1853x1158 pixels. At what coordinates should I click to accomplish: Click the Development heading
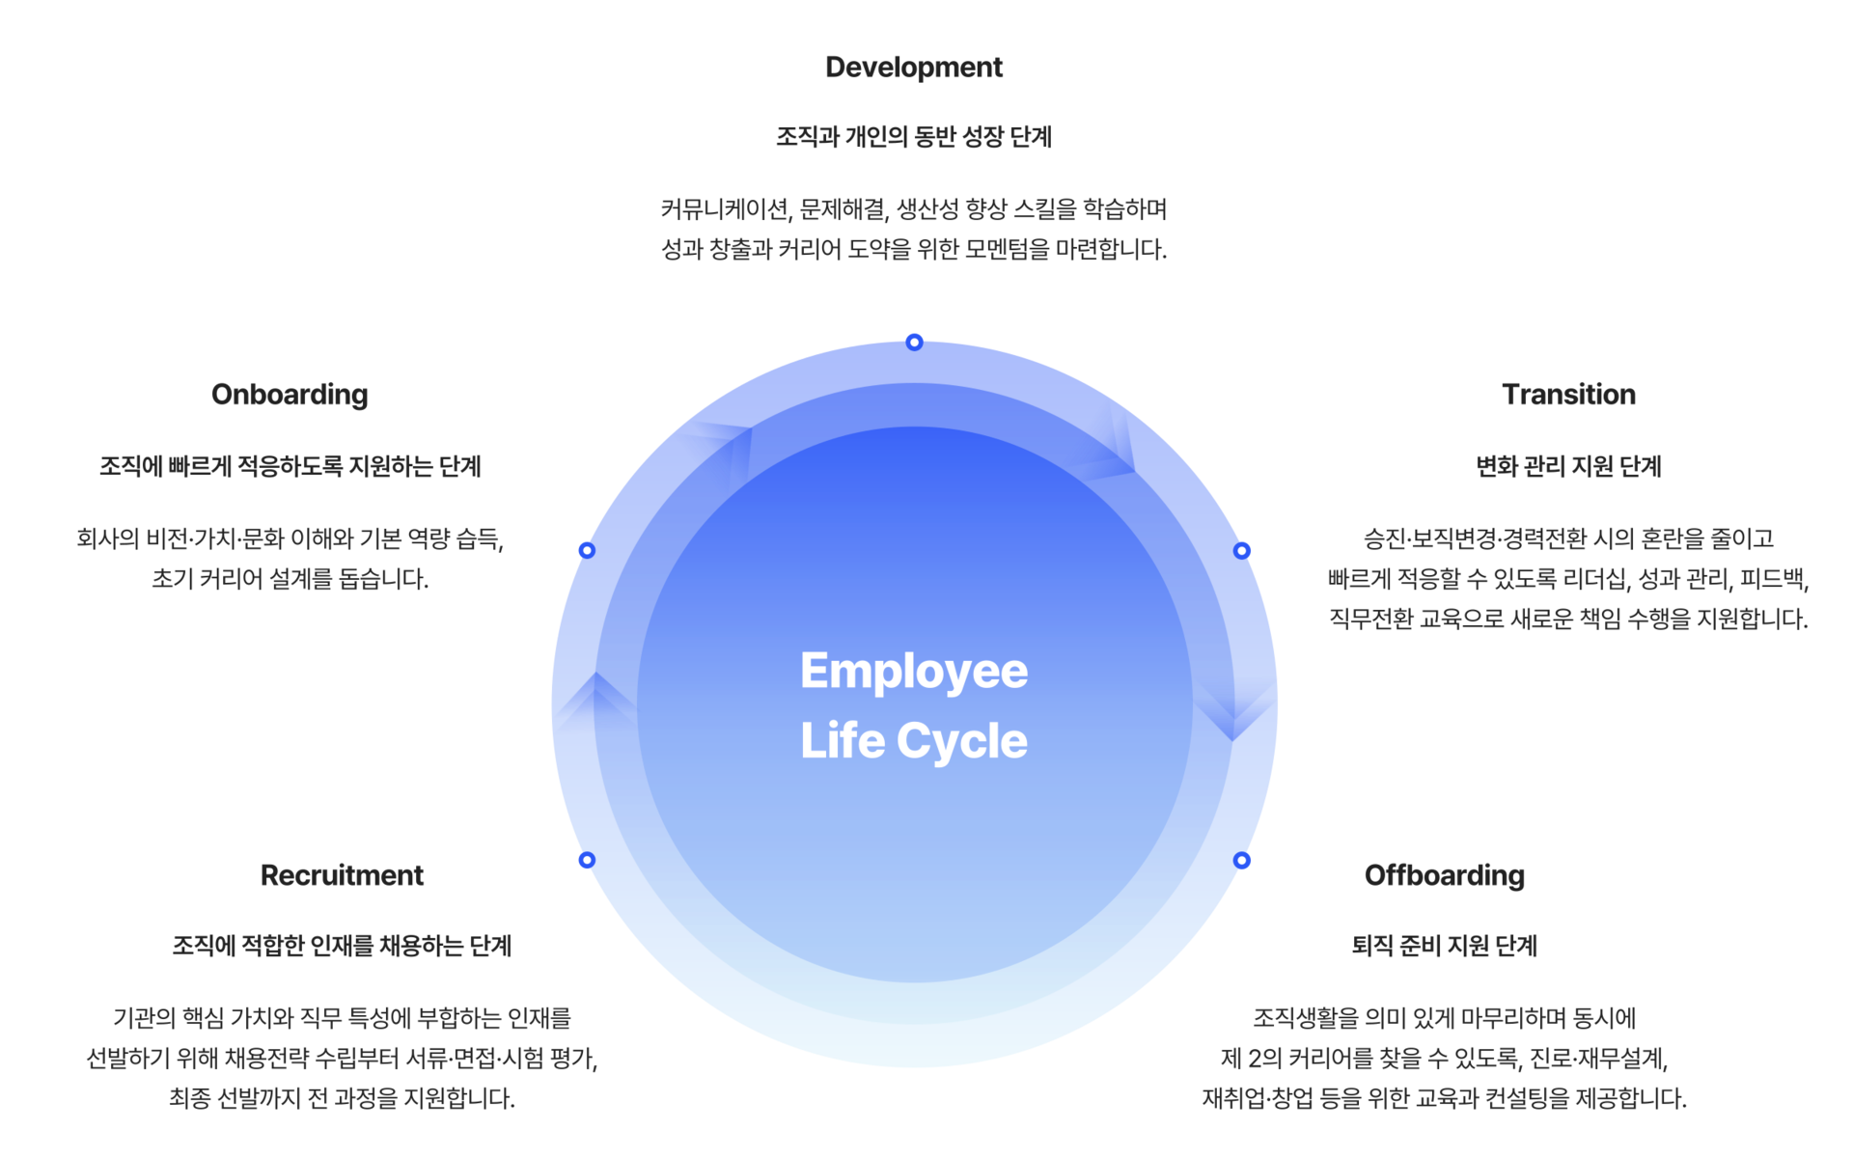tap(913, 68)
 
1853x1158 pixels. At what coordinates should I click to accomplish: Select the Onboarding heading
tap(289, 395)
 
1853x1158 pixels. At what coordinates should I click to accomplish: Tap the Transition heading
tap(1568, 395)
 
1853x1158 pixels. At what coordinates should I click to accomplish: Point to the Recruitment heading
tap(342, 875)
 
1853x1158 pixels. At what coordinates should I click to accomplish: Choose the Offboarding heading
tap(1444, 875)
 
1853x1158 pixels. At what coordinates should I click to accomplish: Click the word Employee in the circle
tap(914, 672)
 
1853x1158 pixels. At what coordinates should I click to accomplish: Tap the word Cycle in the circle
tap(961, 742)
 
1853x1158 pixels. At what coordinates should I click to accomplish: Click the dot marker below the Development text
tap(914, 341)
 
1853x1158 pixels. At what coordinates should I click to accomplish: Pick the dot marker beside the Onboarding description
tap(586, 550)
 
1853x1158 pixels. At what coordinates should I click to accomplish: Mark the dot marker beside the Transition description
tap(1243, 550)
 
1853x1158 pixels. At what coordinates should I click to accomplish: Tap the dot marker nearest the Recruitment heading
tap(586, 860)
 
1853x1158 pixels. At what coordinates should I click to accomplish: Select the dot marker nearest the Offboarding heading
tap(1243, 860)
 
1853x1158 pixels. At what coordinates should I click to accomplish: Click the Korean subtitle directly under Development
tap(913, 137)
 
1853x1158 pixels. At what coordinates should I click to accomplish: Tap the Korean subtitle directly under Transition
tap(1568, 467)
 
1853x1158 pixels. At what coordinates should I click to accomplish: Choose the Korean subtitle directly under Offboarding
tap(1444, 946)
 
